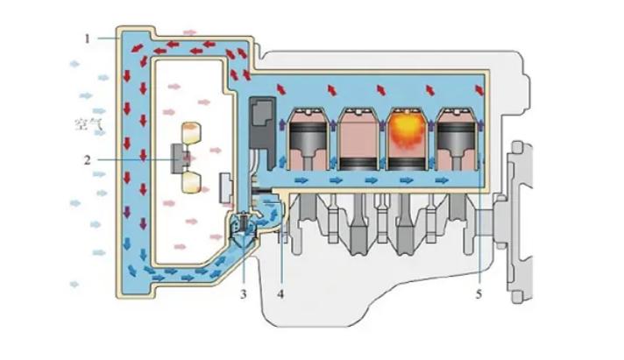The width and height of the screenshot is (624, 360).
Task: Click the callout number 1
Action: (x=88, y=38)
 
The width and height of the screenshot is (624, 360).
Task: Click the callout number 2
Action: (x=88, y=160)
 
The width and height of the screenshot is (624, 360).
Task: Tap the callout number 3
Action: (x=245, y=293)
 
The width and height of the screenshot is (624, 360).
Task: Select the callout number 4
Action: (x=280, y=293)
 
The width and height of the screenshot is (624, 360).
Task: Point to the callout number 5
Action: (x=479, y=293)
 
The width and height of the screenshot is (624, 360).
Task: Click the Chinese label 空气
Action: (x=88, y=124)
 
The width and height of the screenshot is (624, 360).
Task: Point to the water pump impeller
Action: (x=245, y=225)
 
